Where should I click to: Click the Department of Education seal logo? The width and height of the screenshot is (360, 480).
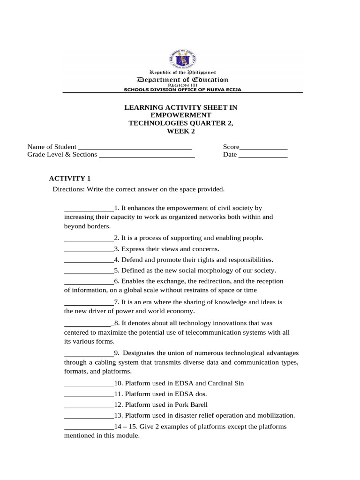[x=182, y=58]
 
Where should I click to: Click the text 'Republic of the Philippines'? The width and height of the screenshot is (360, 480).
[x=182, y=73]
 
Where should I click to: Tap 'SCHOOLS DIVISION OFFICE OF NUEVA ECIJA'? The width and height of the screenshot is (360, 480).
[x=182, y=89]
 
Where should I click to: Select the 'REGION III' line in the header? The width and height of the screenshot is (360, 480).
[x=182, y=85]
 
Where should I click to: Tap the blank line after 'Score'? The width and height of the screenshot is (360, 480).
[x=263, y=148]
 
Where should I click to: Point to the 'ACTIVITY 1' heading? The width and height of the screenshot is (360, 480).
[x=70, y=178]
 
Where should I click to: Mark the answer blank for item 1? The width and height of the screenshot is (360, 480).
[x=89, y=209]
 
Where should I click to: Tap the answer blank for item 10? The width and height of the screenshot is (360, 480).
[x=89, y=384]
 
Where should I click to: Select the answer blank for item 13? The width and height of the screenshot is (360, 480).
[x=89, y=416]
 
